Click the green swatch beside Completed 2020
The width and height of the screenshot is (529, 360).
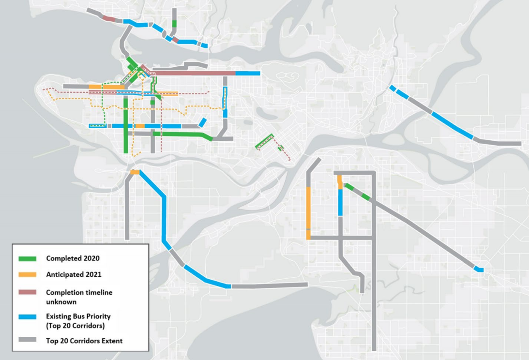tap(27, 258)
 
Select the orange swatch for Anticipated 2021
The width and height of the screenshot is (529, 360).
tap(27, 274)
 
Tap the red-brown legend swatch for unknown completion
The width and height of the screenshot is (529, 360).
tap(27, 293)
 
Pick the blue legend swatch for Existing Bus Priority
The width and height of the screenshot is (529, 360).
tap(27, 317)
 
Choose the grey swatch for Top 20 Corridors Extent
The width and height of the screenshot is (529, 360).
tap(27, 341)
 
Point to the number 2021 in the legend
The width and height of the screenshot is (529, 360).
tap(92, 274)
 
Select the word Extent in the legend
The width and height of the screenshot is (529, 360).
tap(112, 341)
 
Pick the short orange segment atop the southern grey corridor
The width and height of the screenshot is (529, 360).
tap(135, 172)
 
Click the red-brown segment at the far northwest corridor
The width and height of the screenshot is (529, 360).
tap(109, 19)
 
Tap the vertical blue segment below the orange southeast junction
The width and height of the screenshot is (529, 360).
tap(341, 202)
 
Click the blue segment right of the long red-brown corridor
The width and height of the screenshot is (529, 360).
tap(248, 73)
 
